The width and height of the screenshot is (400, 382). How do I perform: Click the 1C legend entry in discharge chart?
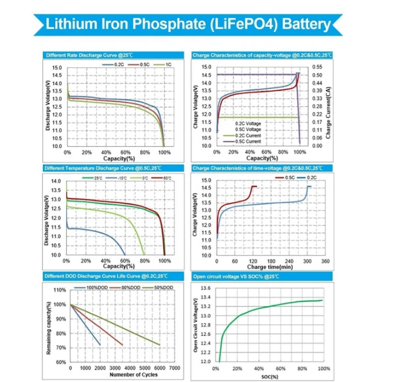point(167,64)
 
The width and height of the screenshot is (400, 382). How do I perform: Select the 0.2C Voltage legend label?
point(248,123)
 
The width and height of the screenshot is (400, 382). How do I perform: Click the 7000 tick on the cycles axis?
point(174,369)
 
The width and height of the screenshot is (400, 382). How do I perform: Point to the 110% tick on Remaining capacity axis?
point(60,290)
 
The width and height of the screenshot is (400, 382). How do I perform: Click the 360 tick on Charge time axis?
point(325,262)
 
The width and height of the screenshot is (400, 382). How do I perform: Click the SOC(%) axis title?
point(270,376)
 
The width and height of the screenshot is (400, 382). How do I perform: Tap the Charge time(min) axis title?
point(269,266)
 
